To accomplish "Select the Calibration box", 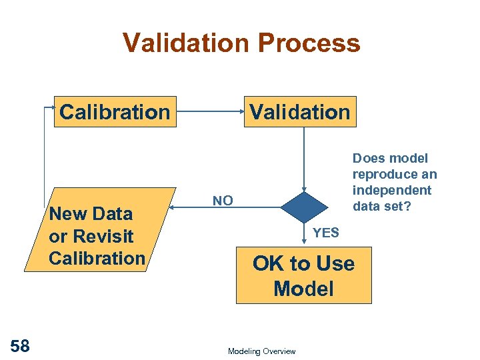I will (x=115, y=111).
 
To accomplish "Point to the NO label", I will (x=223, y=201).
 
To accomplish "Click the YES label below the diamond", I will (x=326, y=233).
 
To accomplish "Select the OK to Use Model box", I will (x=303, y=275).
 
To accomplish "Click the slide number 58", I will (x=20, y=345).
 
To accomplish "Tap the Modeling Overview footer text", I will (x=261, y=351).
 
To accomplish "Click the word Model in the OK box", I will (x=303, y=289).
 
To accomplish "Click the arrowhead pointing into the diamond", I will (x=304, y=189).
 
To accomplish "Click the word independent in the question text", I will (x=392, y=190).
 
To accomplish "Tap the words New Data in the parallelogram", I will (x=91, y=214).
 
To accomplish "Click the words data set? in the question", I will (x=383, y=206).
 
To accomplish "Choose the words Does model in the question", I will (x=390, y=158).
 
